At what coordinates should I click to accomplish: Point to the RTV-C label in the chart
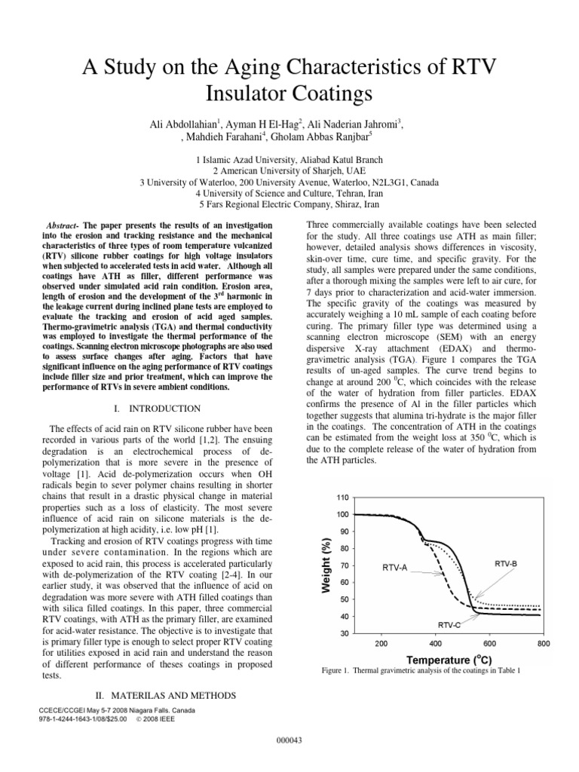tap(451, 625)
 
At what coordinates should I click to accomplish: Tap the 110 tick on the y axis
tap(344, 498)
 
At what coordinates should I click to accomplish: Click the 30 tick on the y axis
tap(345, 633)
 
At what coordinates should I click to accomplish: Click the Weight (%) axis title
tap(326, 566)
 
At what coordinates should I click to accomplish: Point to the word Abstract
tap(63, 225)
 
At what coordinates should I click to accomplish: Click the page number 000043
tap(289, 740)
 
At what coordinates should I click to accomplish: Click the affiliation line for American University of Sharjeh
tap(289, 171)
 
